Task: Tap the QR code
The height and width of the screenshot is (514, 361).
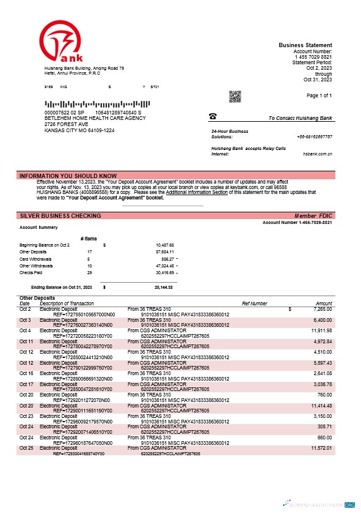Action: tap(235, 97)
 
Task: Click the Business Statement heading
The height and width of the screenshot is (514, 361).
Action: tap(305, 45)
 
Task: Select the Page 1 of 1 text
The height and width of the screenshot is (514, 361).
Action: tap(319, 96)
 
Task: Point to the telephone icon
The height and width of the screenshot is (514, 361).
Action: tap(213, 116)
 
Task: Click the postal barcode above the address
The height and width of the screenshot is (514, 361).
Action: tap(90, 104)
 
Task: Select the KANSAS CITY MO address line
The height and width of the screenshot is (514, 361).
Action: tap(79, 130)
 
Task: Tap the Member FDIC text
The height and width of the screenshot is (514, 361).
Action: tap(313, 216)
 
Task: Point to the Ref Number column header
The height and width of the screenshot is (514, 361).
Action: tap(255, 304)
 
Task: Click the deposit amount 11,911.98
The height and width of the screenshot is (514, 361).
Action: tap(319, 330)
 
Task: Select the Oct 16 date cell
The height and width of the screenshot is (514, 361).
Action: tap(26, 373)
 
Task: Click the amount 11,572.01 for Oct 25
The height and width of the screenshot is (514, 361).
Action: tap(319, 449)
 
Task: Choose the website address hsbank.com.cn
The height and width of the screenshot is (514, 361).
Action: tap(317, 154)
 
